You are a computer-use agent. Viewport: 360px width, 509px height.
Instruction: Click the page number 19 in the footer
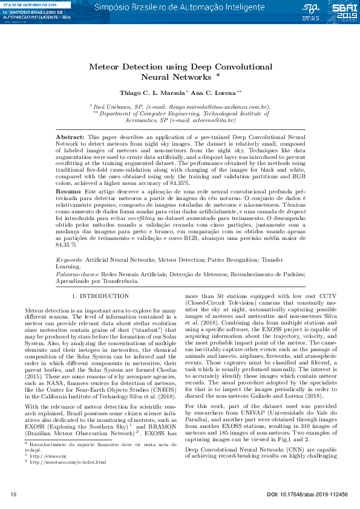(x=14, y=495)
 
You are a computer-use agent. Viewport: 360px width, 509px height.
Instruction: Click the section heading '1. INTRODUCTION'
(x=100, y=297)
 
